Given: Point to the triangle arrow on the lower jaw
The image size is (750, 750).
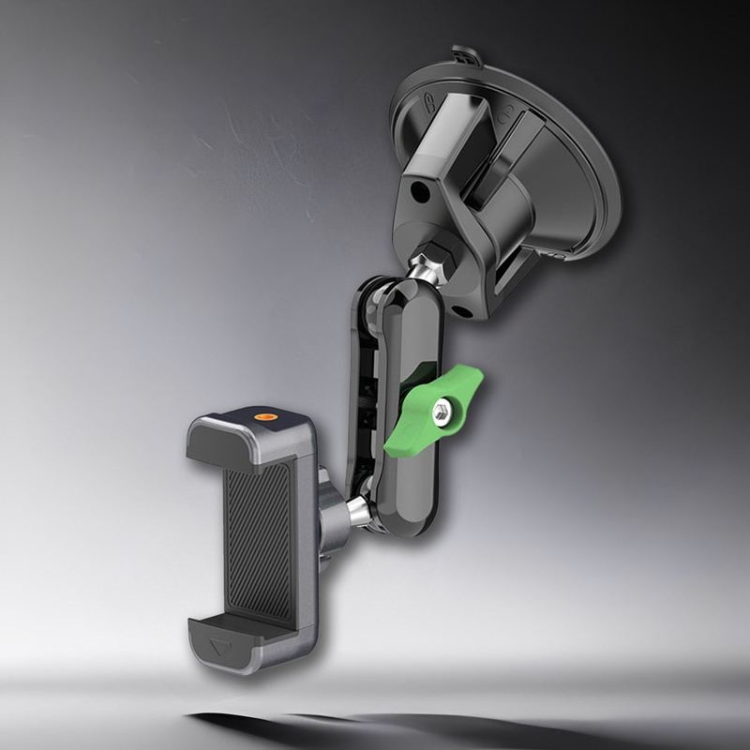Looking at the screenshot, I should pyautogui.click(x=218, y=646).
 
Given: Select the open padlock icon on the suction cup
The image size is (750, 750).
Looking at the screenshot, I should pyautogui.click(x=507, y=116).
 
